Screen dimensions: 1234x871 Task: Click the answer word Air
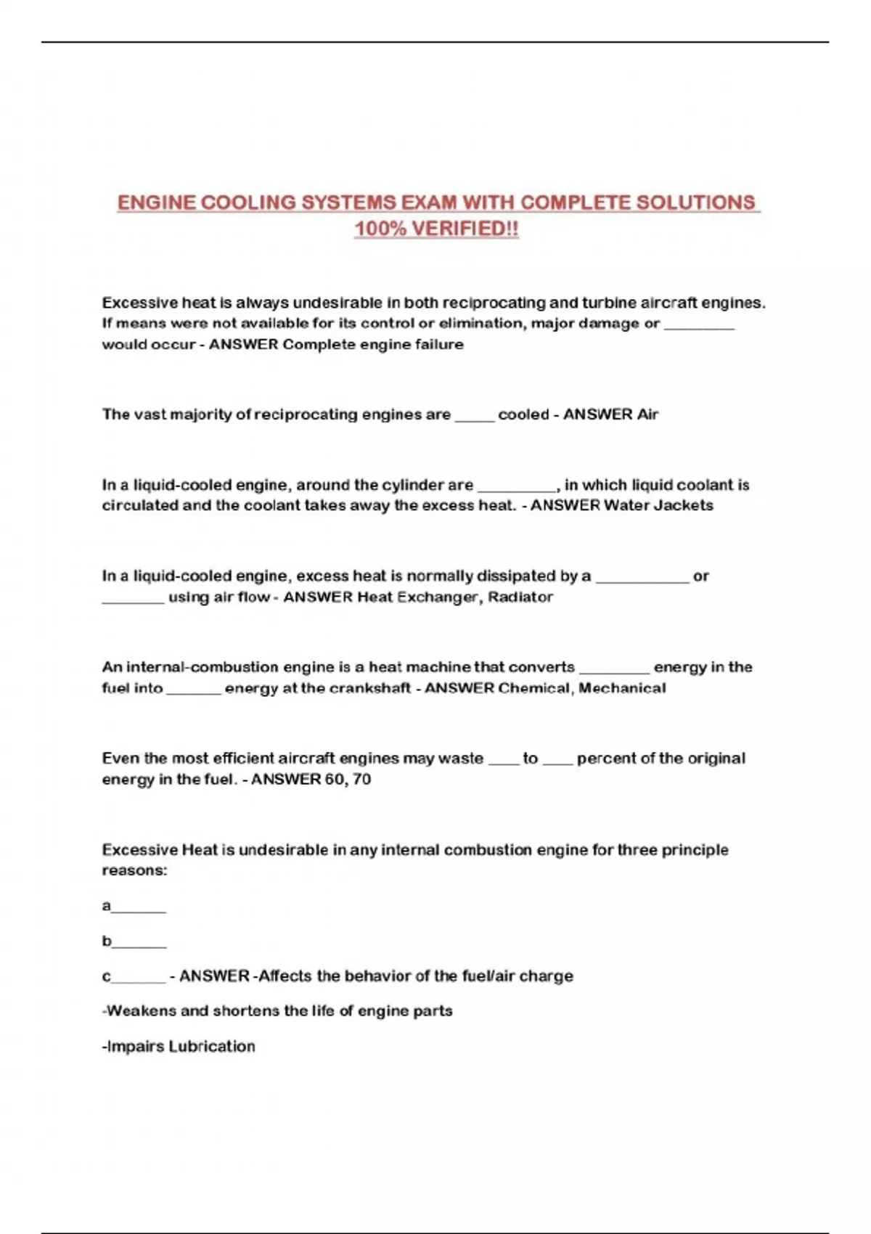[x=647, y=414]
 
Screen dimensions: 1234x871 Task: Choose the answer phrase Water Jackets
[x=658, y=505]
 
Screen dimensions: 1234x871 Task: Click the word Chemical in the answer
[x=534, y=688]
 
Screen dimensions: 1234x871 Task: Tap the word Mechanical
[x=622, y=688]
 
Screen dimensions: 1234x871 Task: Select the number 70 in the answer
[x=361, y=780]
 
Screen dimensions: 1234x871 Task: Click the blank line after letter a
[x=139, y=910]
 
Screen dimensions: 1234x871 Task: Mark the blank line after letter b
[x=139, y=945]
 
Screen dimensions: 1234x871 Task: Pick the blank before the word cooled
[x=475, y=419]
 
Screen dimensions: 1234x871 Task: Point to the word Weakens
[x=142, y=1011]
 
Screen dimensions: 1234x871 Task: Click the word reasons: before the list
[x=134, y=870]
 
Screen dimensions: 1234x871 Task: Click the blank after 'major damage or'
[x=699, y=327]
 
